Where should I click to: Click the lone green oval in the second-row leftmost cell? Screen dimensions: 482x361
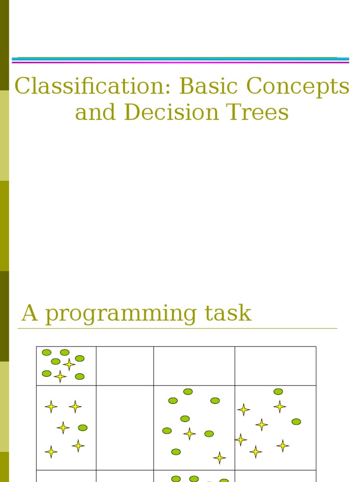83,428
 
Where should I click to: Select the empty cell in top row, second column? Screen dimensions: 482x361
125,366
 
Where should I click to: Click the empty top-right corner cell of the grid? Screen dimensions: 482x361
275,366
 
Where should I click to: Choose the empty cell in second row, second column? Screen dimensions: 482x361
125,427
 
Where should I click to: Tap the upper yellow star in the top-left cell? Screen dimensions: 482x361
69,364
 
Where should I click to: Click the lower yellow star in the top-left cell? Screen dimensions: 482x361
60,376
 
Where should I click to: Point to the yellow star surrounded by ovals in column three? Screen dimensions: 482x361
189,434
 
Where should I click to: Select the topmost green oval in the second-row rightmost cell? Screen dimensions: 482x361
278,392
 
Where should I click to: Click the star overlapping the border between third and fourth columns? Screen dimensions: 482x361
241,440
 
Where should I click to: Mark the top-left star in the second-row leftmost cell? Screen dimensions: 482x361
51,407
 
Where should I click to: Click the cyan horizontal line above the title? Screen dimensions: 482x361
179,59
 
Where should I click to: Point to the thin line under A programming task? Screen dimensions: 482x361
179,328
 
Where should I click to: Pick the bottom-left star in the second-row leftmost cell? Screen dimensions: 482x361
51,452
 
